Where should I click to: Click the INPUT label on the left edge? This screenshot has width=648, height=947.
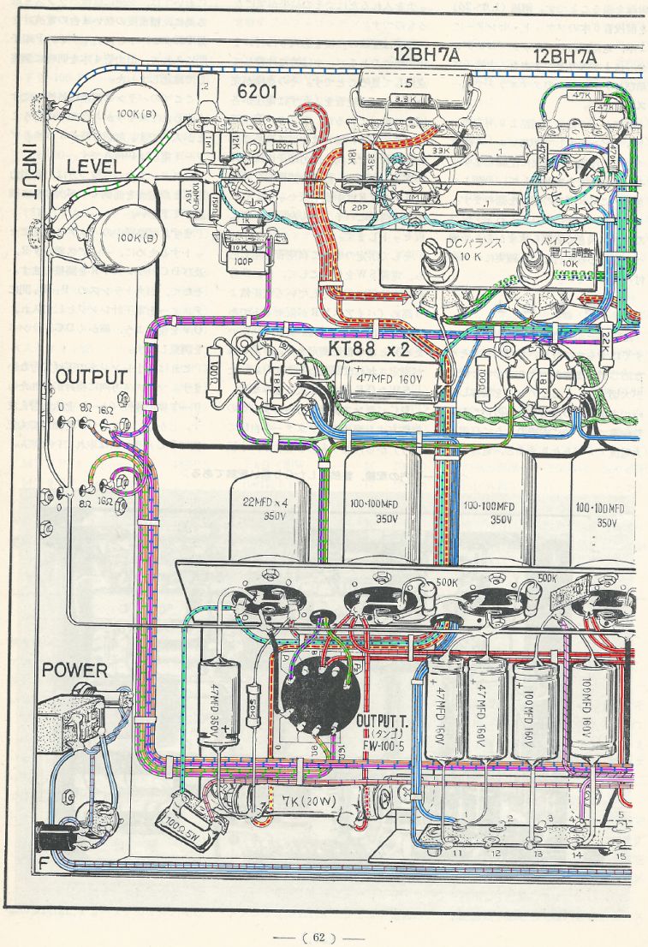coord(27,171)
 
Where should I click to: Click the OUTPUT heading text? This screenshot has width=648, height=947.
coord(92,378)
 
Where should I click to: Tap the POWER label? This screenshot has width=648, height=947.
coord(75,670)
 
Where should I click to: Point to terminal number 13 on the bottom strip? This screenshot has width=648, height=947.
coord(538,854)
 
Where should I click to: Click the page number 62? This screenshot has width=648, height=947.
coord(318,937)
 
